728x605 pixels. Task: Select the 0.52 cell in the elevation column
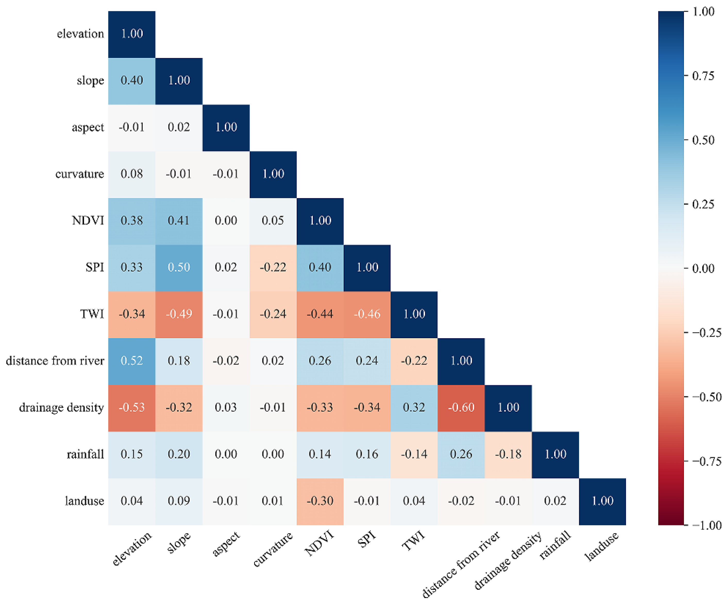pyautogui.click(x=132, y=361)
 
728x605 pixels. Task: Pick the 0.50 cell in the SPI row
pyautogui.click(x=179, y=267)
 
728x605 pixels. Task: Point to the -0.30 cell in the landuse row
pyautogui.click(x=320, y=501)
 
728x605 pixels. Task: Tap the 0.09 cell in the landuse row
pyautogui.click(x=179, y=501)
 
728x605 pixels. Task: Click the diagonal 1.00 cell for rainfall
pyautogui.click(x=555, y=454)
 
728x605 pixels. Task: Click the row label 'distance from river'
pyautogui.click(x=55, y=361)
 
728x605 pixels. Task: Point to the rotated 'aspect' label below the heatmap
pyautogui.click(x=226, y=544)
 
